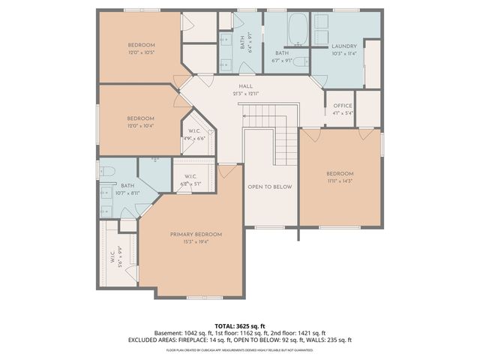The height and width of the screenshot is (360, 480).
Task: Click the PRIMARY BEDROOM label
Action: coord(196,234)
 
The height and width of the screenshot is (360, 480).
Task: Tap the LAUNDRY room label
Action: coord(344,46)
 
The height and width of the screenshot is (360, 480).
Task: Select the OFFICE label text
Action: coord(343,106)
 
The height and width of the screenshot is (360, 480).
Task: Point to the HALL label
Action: coord(246,86)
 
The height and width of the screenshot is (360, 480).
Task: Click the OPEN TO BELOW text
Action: coord(270,187)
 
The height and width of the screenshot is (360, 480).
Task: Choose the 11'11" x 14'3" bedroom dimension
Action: coord(339,181)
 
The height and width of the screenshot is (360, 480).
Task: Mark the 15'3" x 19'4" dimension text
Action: coord(196,241)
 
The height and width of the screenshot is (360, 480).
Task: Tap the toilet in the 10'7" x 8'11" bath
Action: coord(106,171)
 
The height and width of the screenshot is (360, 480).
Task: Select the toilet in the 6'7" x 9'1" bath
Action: coord(298,62)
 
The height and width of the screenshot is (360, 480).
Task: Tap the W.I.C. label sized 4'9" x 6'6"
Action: coord(193,131)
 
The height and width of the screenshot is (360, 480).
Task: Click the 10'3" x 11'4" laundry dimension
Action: coord(344,53)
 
